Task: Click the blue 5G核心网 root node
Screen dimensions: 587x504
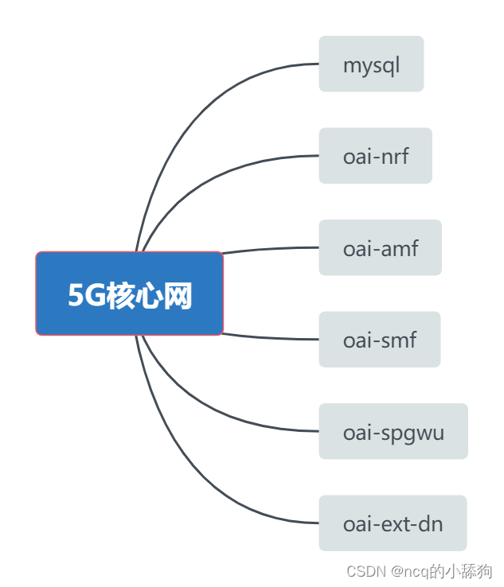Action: [130, 293]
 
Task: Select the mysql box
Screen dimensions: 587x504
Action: [371, 64]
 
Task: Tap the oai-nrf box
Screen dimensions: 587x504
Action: [375, 156]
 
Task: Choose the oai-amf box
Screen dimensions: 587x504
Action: [380, 247]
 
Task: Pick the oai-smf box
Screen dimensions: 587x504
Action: [379, 340]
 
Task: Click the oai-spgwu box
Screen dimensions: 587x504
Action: [393, 432]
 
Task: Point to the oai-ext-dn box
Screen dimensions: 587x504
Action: [393, 523]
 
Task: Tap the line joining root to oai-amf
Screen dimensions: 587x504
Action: [271, 249]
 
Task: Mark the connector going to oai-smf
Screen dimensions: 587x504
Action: [271, 338]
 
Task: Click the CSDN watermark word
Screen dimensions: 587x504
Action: [365, 572]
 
